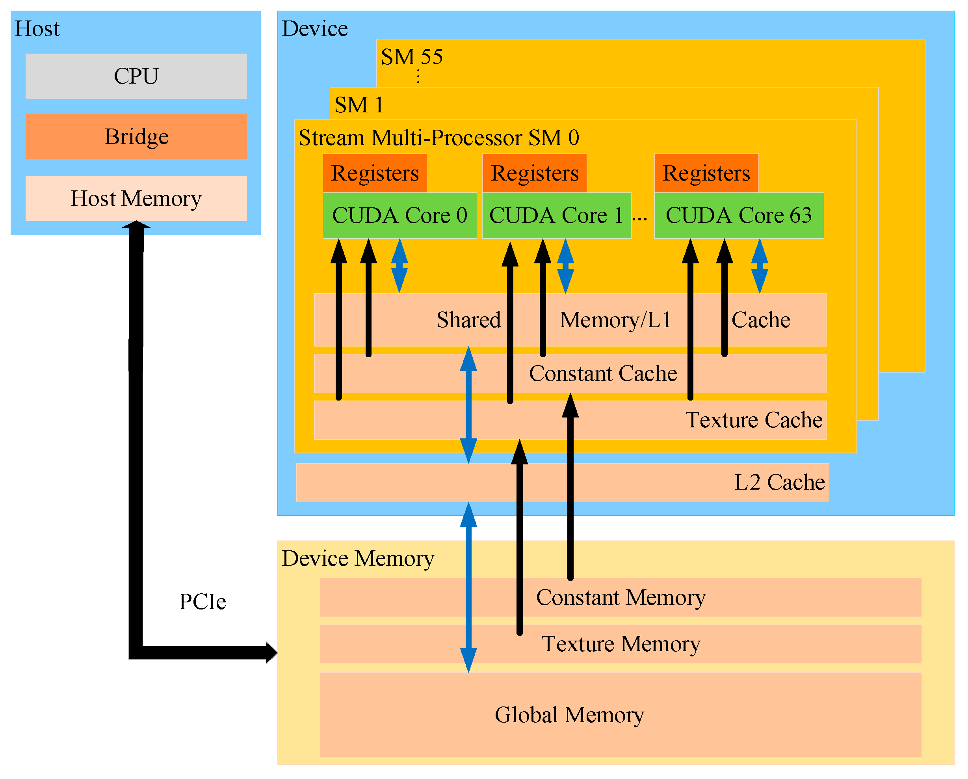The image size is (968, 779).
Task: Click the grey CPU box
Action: click(x=136, y=76)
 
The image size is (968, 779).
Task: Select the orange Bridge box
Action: click(x=136, y=136)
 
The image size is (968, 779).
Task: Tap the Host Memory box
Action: click(x=136, y=199)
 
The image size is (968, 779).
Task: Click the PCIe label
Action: click(x=203, y=602)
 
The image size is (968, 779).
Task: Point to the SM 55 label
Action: click(x=412, y=57)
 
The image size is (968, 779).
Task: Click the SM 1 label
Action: click(x=359, y=105)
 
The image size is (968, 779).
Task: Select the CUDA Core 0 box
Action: click(x=399, y=216)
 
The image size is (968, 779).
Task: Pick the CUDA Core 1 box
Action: click(x=556, y=216)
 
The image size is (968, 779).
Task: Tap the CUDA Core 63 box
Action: click(x=739, y=216)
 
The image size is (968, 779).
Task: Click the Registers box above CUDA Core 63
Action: click(x=706, y=173)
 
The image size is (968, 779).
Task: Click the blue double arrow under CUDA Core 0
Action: click(x=399, y=266)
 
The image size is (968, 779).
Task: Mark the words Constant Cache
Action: click(x=603, y=374)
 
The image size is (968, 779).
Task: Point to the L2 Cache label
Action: click(x=779, y=483)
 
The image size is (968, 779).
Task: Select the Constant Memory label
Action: click(x=621, y=598)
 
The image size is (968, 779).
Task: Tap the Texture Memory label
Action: click(x=621, y=644)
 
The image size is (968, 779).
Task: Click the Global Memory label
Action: click(x=569, y=715)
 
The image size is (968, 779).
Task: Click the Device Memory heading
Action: click(x=358, y=558)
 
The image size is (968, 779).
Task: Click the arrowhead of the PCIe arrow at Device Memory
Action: click(x=271, y=653)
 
